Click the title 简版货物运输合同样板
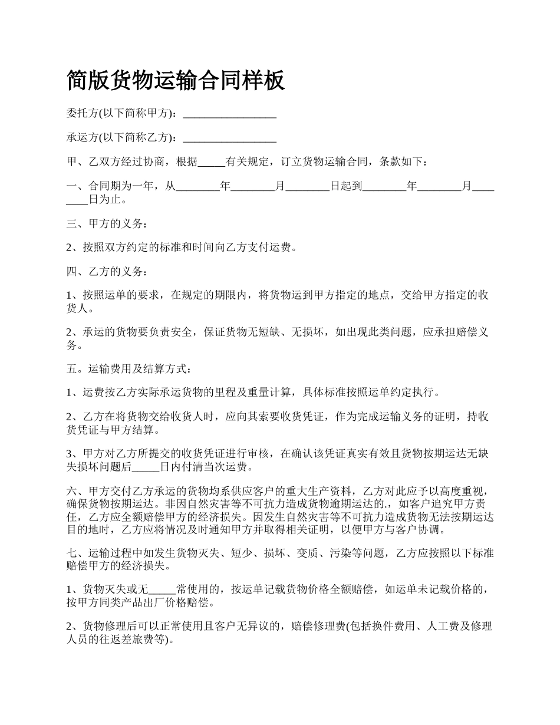click(x=176, y=80)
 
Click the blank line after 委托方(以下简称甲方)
click(x=230, y=114)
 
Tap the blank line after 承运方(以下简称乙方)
click(x=230, y=139)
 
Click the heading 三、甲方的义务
click(x=104, y=224)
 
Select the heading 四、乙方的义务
click(x=104, y=272)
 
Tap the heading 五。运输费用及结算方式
click(x=128, y=370)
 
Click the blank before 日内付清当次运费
click(x=146, y=469)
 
